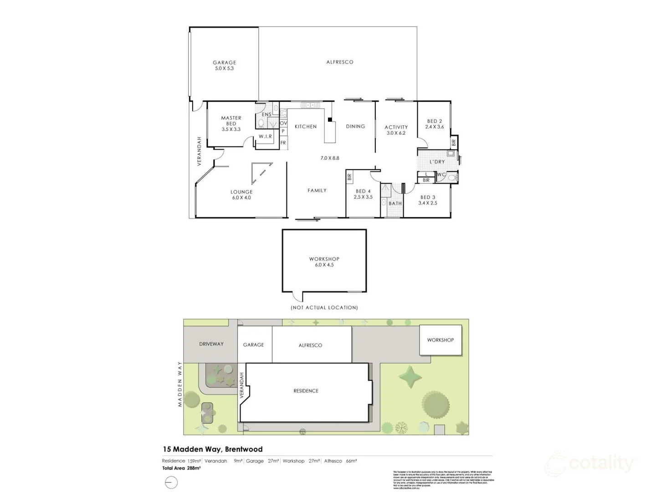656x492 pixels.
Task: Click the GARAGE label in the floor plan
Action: pos(224,62)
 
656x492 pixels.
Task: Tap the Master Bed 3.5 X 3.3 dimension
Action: pos(231,129)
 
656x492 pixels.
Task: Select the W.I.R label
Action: pos(265,136)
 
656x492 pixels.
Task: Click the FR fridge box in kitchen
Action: pos(283,143)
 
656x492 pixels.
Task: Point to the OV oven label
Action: pos(283,123)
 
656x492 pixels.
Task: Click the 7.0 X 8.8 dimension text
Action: pos(330,158)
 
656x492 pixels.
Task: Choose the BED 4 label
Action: pos(363,191)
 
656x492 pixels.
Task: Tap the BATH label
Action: pos(395,204)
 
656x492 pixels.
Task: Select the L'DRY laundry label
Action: pos(437,162)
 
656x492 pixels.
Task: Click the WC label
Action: pos(441,174)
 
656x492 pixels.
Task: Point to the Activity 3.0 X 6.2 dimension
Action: pos(396,133)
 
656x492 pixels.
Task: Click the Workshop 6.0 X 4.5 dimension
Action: pos(324,265)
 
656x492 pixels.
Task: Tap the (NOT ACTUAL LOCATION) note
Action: pos(324,307)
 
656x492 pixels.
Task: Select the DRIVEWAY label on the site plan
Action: pos(211,344)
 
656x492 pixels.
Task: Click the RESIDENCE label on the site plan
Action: pos(306,391)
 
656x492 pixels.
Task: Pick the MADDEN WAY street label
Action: pos(180,384)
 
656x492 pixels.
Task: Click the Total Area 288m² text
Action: pos(181,468)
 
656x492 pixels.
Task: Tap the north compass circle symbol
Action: pos(171,482)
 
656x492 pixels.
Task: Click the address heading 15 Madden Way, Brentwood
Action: pos(212,449)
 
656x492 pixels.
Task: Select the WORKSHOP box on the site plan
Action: pos(440,340)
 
